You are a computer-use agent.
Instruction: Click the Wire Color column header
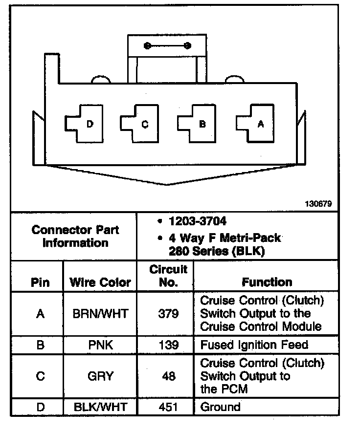(x=100, y=282)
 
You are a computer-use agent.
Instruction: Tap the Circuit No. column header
(x=168, y=276)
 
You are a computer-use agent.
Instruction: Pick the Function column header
(x=267, y=282)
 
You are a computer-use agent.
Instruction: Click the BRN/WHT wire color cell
(x=100, y=313)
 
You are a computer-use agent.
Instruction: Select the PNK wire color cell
(x=100, y=345)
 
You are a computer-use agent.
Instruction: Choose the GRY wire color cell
(x=100, y=376)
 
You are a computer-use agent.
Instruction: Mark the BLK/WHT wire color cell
(x=100, y=407)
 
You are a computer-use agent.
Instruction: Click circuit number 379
(x=168, y=313)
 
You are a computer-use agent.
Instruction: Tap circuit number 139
(x=168, y=345)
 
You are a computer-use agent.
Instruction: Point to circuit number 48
(x=168, y=376)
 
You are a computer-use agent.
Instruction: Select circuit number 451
(x=168, y=407)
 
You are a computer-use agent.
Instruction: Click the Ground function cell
(x=221, y=407)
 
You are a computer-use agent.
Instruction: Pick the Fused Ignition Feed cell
(x=254, y=345)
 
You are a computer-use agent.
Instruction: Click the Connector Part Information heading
(x=75, y=236)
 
